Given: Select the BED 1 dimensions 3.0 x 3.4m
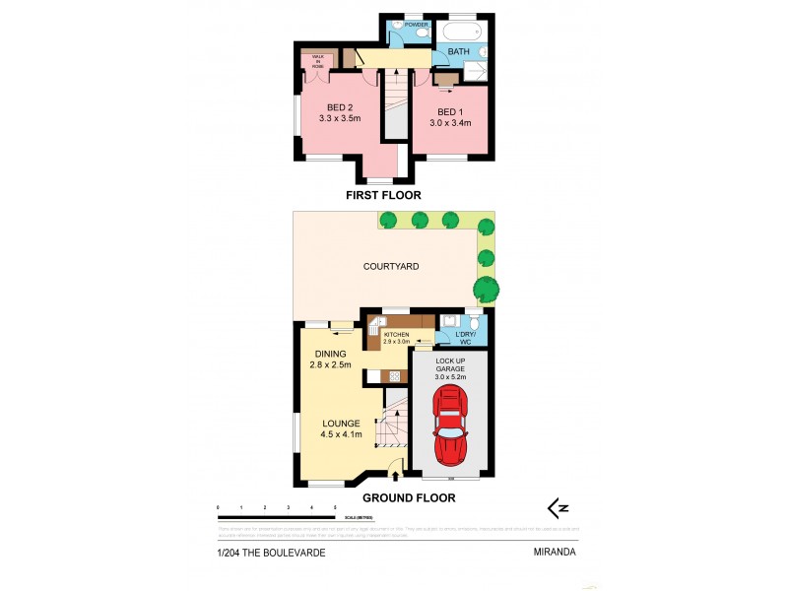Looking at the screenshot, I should pyautogui.click(x=449, y=123).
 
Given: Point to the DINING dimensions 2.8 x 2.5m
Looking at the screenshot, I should pyautogui.click(x=330, y=365).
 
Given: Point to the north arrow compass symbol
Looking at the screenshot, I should pyautogui.click(x=558, y=508).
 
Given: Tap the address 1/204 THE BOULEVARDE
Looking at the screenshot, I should pyautogui.click(x=271, y=553).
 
